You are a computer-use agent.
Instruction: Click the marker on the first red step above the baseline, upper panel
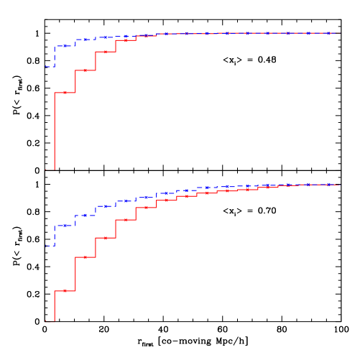65,93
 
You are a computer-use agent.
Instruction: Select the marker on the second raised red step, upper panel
85,70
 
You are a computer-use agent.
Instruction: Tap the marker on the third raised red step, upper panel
105,52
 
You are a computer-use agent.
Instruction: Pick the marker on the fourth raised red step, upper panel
125,40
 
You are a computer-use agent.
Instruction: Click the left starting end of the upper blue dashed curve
46,67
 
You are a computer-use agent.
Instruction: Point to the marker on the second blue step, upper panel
65,46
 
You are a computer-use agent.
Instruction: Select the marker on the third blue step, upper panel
85,40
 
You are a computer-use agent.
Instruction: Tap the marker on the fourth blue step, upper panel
105,37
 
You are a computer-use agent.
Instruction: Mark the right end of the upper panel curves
338,33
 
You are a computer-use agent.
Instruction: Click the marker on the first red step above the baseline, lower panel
65,291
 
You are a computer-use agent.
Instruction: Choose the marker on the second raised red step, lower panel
85,257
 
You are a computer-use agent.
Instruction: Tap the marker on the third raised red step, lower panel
105,238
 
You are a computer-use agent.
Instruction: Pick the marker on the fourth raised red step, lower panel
125,220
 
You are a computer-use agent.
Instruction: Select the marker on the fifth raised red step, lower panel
146,208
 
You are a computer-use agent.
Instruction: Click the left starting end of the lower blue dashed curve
46,246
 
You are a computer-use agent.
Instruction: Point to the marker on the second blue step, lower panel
65,226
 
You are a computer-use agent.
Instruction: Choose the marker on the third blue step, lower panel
85,215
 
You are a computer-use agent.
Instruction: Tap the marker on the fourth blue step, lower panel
105,206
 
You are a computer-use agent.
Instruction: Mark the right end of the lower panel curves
338,185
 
